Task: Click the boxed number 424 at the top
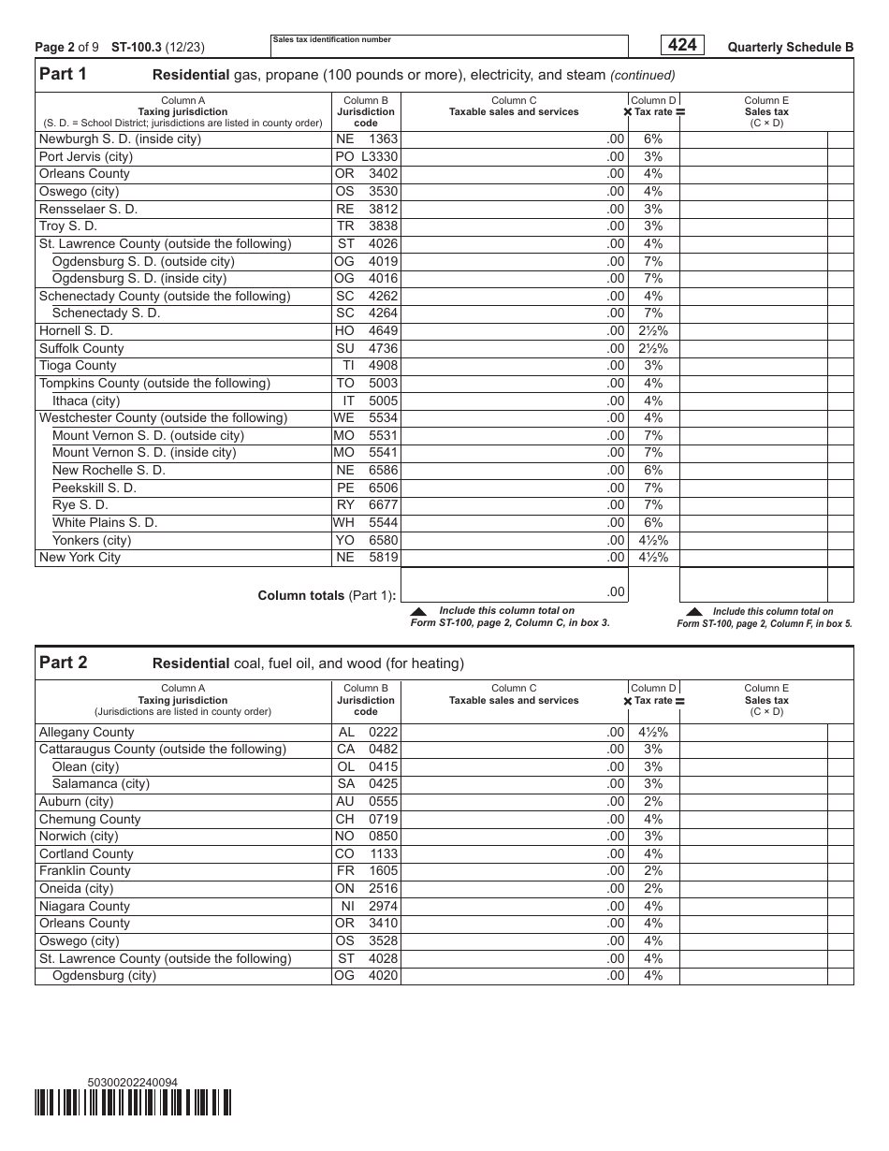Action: [682, 45]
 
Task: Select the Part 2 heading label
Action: [63, 663]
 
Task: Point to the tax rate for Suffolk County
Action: [652, 348]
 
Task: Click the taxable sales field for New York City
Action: [514, 558]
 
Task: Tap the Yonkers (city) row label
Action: [92, 540]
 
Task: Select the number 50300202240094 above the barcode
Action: [132, 1083]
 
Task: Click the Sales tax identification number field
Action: [449, 48]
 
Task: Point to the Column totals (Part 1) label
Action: [327, 595]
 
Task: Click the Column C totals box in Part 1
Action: [514, 586]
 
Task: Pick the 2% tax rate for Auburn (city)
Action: [652, 801]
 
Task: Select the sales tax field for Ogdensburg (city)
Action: [753, 975]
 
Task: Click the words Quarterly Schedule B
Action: [790, 47]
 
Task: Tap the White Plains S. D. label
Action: [105, 522]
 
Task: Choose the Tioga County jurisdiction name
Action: [78, 365]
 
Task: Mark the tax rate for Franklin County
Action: [652, 870]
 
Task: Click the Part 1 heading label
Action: [63, 75]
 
